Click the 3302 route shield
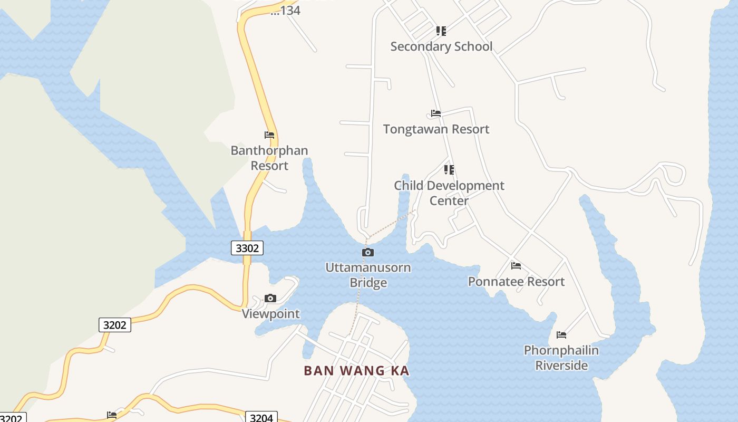pyautogui.click(x=247, y=248)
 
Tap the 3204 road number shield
pyautogui.click(x=261, y=418)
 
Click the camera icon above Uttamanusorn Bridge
pyautogui.click(x=368, y=253)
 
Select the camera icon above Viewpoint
pyautogui.click(x=270, y=299)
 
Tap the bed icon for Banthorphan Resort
pyautogui.click(x=269, y=135)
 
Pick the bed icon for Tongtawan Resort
pyautogui.click(x=435, y=113)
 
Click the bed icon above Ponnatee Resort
pyautogui.click(x=516, y=266)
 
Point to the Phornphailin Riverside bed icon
pyautogui.click(x=561, y=335)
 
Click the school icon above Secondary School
pyautogui.click(x=441, y=31)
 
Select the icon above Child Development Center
pyautogui.click(x=449, y=170)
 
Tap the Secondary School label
pyautogui.click(x=441, y=46)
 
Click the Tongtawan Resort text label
pyautogui.click(x=436, y=129)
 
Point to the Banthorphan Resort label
pyautogui.click(x=269, y=158)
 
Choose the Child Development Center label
pyautogui.click(x=449, y=193)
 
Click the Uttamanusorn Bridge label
pyautogui.click(x=368, y=275)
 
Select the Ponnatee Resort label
pyautogui.click(x=516, y=282)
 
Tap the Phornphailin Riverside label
pyautogui.click(x=561, y=358)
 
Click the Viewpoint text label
pyautogui.click(x=270, y=314)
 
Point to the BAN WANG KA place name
pyautogui.click(x=356, y=370)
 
